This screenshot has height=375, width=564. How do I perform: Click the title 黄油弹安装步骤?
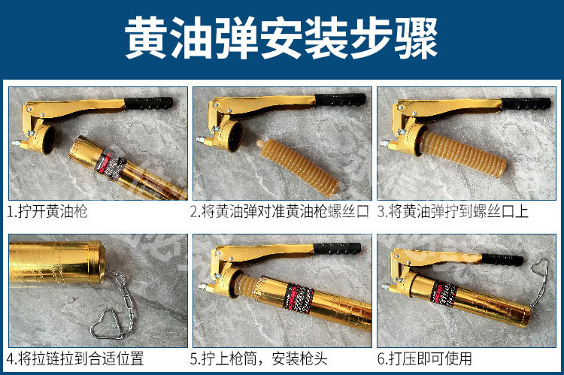click(x=281, y=38)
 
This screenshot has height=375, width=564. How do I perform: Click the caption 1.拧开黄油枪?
click(x=47, y=211)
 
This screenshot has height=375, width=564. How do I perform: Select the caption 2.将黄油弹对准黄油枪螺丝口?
click(x=280, y=211)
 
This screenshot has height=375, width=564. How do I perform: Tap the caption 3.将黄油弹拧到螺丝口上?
click(x=453, y=211)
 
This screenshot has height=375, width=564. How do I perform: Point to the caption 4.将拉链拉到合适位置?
click(x=75, y=358)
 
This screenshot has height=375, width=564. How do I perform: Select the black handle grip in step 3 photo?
click(x=526, y=103)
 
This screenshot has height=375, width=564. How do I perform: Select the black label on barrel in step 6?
click(x=444, y=294)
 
